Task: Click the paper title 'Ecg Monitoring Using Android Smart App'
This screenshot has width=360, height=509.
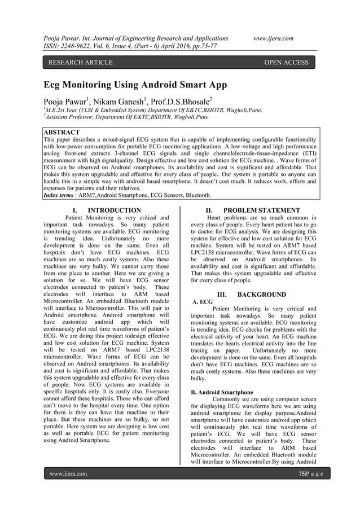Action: [x=135, y=86]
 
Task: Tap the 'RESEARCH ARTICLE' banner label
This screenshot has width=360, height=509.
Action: [x=80, y=63]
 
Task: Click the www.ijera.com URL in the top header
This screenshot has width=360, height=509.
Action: [x=273, y=38]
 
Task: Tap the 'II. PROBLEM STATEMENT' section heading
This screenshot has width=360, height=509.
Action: [x=253, y=210]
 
